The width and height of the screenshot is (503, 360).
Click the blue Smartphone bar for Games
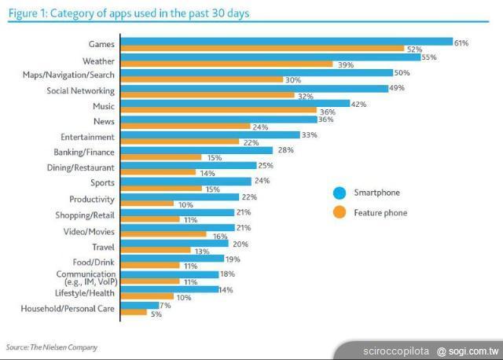(x=287, y=42)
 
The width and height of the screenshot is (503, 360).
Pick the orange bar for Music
(x=218, y=111)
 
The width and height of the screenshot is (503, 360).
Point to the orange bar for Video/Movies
(x=164, y=235)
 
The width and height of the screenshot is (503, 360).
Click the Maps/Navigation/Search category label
(x=68, y=75)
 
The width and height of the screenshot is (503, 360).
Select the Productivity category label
(x=92, y=199)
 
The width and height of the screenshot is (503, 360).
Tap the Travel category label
(x=103, y=245)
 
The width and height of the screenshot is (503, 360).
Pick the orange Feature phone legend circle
(x=340, y=212)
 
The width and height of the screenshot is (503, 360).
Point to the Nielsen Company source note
(x=52, y=347)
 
